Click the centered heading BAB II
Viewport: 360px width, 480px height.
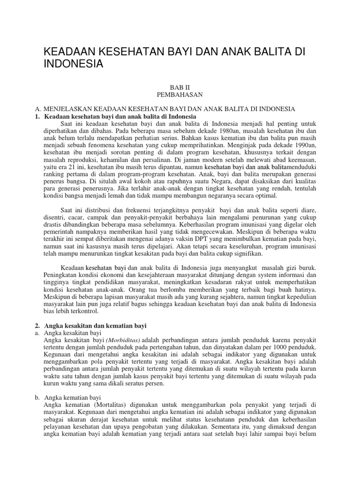coord(180,87)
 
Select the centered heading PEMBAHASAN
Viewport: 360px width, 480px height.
coord(180,95)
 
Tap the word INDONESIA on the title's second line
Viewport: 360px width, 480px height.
coord(73,63)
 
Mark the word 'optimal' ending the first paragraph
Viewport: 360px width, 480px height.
coord(265,195)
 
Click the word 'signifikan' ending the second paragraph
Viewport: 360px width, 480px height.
coord(247,254)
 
